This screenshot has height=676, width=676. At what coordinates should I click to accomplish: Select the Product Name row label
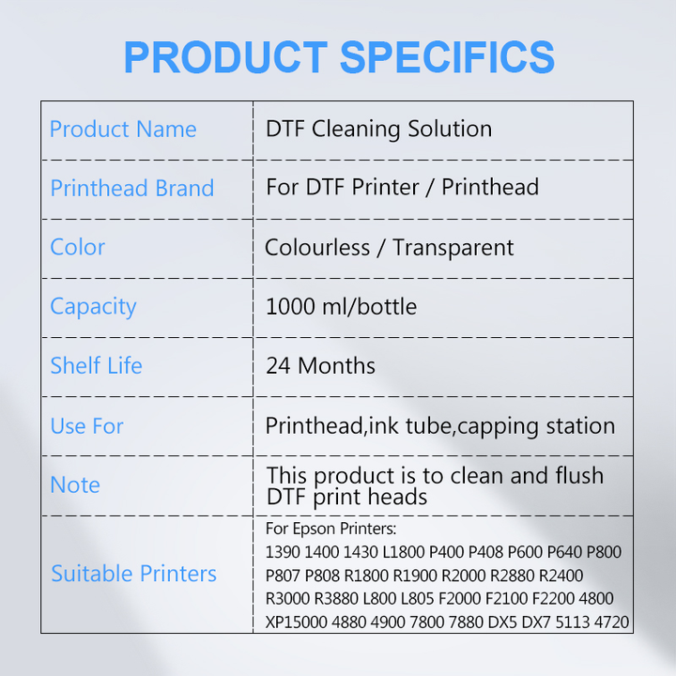coord(123,130)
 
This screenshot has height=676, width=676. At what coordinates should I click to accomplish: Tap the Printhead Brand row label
coord(132,188)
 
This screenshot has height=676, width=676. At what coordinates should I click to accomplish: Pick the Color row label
coord(77,248)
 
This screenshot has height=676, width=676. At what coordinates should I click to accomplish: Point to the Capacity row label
coord(93,307)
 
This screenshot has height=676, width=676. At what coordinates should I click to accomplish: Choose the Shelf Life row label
coord(96,366)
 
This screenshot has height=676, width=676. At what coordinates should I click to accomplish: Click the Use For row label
coord(86,426)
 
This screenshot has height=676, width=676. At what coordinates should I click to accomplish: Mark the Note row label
coord(75,485)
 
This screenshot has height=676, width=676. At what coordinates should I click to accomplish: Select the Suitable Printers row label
coord(133,574)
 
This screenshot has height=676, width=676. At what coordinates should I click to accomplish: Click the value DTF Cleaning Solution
coord(378,130)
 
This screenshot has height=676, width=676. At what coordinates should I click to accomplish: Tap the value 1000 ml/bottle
coord(341,307)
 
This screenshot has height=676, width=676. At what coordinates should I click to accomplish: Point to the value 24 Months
coord(320,366)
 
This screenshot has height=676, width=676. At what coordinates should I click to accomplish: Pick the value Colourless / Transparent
coord(389,248)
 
